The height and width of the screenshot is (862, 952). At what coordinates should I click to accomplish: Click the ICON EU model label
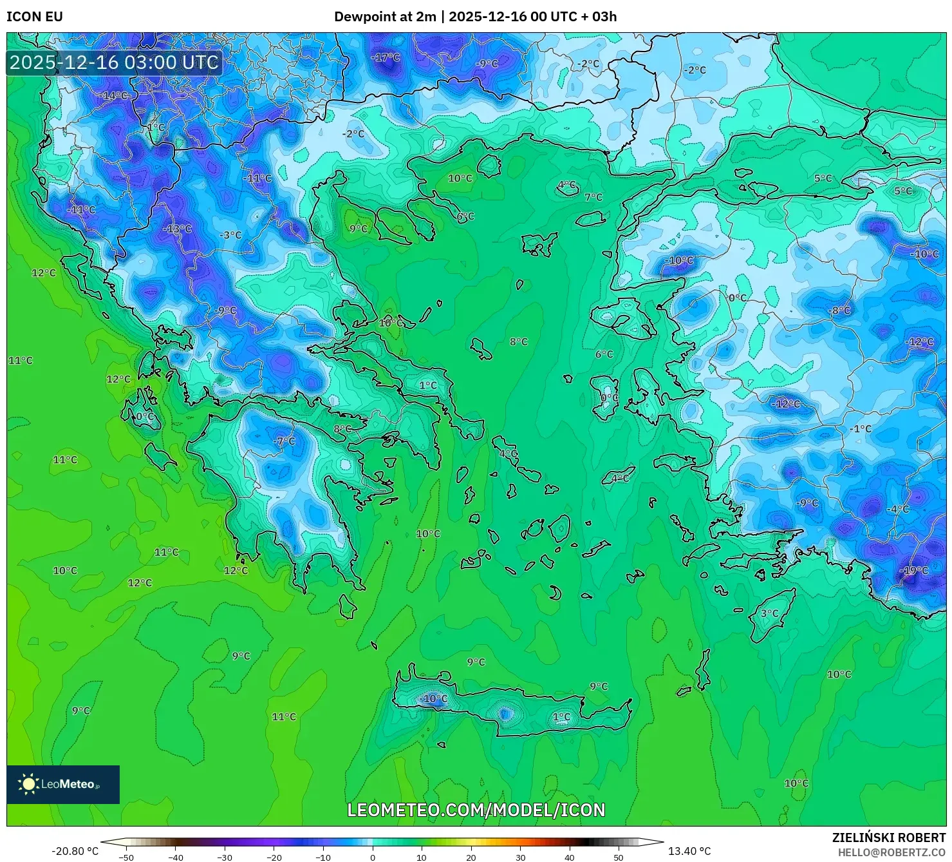[x=35, y=17]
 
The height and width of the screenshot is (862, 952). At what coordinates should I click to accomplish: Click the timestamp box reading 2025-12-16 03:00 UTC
[x=114, y=62]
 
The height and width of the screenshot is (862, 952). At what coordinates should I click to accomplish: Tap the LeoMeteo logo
[x=63, y=784]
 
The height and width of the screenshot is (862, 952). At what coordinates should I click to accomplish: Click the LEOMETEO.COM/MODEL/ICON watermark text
[x=476, y=810]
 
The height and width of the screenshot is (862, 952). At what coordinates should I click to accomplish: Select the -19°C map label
[x=914, y=570]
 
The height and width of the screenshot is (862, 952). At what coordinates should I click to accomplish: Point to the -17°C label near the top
[x=385, y=57]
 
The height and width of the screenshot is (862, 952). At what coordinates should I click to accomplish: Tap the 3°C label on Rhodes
[x=769, y=613]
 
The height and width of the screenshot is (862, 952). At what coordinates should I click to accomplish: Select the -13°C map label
[x=177, y=229]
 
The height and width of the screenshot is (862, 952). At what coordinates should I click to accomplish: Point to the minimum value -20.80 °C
[x=75, y=851]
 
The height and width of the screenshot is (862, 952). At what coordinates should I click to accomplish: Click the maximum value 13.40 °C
[x=689, y=851]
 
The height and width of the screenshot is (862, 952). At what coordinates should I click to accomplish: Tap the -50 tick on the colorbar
[x=126, y=857]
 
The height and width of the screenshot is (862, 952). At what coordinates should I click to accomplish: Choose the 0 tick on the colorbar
[x=373, y=857]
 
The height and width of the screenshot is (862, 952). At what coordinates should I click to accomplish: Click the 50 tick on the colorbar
[x=619, y=857]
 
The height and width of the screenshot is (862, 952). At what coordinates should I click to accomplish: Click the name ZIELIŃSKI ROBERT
[x=889, y=838]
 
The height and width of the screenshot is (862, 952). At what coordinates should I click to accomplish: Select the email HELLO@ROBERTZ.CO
[x=891, y=852]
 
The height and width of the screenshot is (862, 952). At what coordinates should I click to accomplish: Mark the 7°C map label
[x=593, y=197]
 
